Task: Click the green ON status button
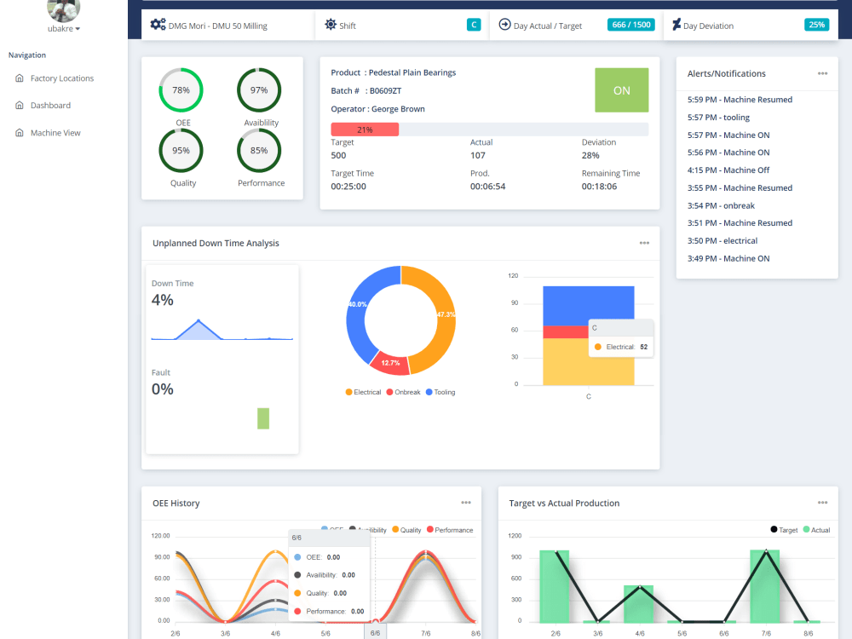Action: coord(622,90)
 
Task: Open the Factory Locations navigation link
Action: coord(61,78)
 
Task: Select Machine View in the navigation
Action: coord(55,133)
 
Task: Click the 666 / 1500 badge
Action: coord(630,25)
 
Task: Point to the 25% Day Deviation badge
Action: coord(817,25)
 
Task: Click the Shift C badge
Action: coord(474,25)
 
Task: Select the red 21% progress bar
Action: coord(365,130)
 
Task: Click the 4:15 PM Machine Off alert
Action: coord(728,170)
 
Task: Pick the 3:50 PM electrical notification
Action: coord(722,241)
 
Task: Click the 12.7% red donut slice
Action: coord(389,362)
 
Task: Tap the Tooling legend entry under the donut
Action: coord(440,392)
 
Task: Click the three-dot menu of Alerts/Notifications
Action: coord(823,73)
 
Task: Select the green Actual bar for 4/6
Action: coord(638,604)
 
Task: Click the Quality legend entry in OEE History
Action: coord(406,530)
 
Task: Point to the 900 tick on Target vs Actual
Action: coord(516,557)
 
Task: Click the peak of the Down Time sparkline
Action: coord(199,320)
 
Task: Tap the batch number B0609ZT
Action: coord(385,91)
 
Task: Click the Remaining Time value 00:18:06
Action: coord(599,187)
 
